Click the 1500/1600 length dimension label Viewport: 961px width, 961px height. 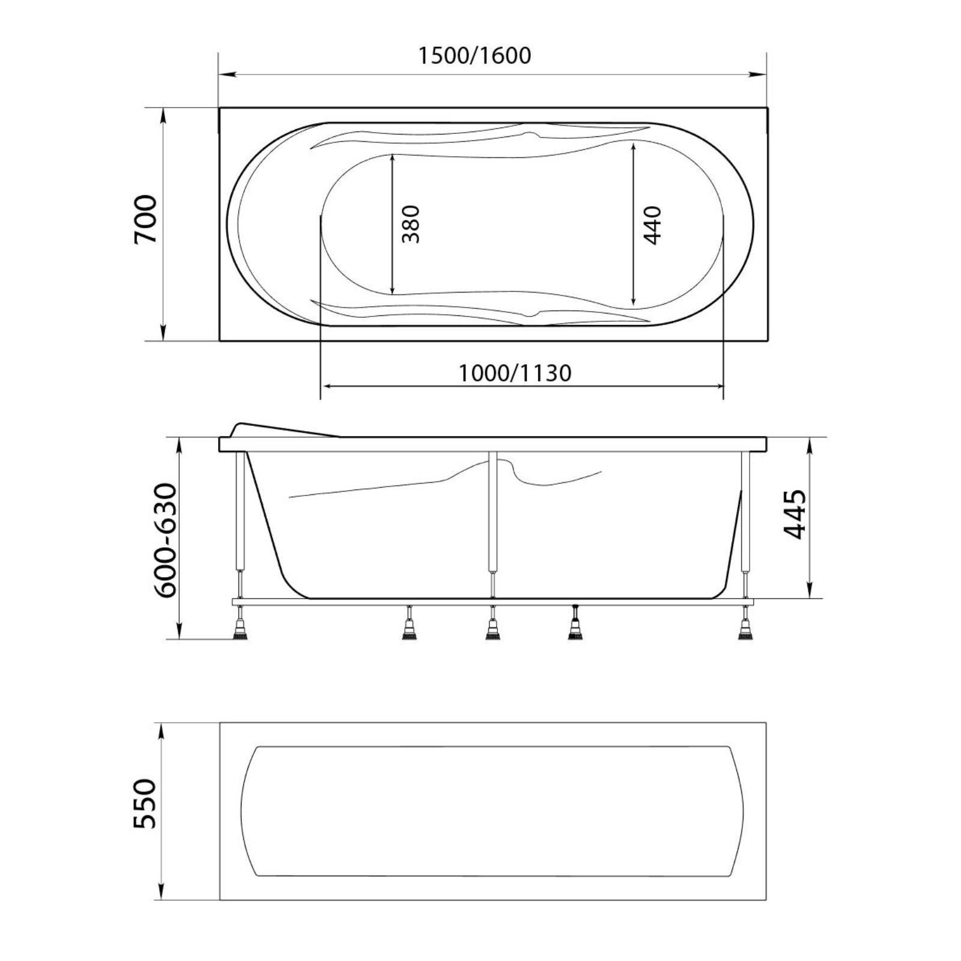click(474, 56)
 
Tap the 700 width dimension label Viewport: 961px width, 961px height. click(145, 219)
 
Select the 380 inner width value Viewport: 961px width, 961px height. click(411, 224)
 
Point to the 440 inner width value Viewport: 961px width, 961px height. click(652, 225)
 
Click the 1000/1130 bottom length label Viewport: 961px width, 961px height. click(515, 374)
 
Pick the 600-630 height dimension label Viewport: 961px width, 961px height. click(166, 541)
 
